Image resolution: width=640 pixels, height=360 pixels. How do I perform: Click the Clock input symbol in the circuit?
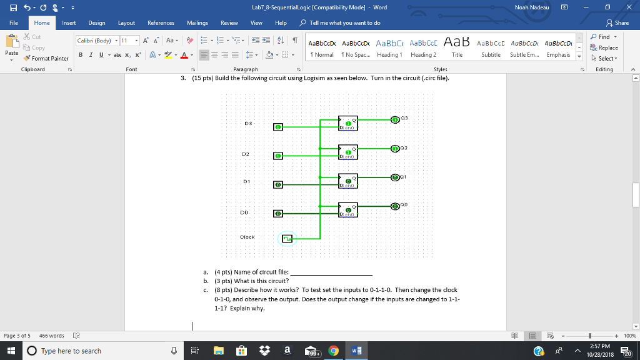tap(287, 238)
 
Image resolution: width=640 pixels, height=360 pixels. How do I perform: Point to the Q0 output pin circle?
tap(395, 206)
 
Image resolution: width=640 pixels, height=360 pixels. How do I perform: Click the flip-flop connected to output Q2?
tap(348, 152)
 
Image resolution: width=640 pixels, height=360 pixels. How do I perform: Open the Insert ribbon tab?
tap(69, 23)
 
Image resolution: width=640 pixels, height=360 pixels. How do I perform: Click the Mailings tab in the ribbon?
tap(197, 23)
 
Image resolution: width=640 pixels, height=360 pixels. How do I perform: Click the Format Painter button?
tap(47, 58)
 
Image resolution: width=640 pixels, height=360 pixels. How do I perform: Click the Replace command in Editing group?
tap(605, 48)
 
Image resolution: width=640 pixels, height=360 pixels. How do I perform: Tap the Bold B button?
tap(81, 55)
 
